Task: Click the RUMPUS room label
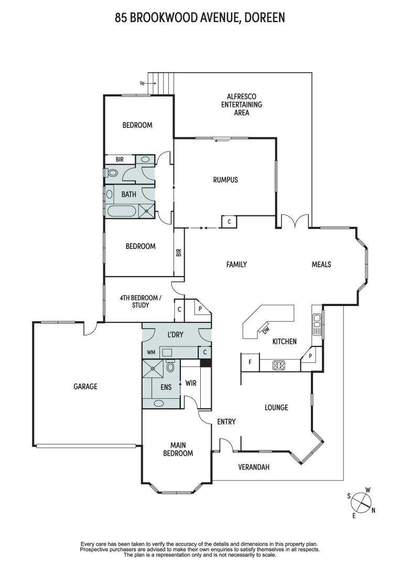[x=225, y=180]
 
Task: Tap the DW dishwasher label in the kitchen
[x=265, y=330]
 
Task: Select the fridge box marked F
[x=250, y=362]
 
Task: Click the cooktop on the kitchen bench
[x=279, y=365]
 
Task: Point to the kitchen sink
[x=316, y=325]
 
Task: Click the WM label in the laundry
[x=152, y=352]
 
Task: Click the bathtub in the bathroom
[x=122, y=212]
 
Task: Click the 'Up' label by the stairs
[x=142, y=83]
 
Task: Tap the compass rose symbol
[x=360, y=503]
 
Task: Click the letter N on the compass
[x=373, y=510]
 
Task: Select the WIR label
[x=191, y=383]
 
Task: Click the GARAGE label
[x=85, y=386]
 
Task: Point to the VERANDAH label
[x=254, y=467]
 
